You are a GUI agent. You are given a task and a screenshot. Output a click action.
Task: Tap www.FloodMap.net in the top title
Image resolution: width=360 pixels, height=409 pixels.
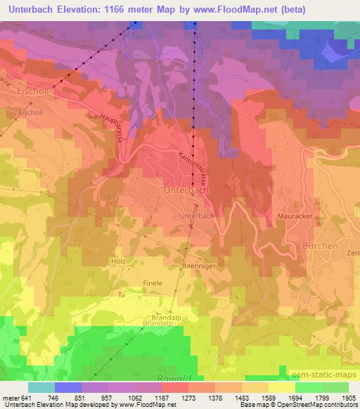click(256, 8)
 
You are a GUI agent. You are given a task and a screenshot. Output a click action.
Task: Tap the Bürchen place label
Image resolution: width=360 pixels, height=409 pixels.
click(320, 246)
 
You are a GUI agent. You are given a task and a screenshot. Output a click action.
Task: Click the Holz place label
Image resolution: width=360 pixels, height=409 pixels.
click(117, 261)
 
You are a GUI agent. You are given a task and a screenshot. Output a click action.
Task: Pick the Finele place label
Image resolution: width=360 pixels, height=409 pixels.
click(153, 283)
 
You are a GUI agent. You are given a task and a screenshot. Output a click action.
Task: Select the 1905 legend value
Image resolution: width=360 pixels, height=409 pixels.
click(346, 398)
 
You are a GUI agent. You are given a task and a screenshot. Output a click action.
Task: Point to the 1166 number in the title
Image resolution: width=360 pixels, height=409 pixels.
click(115, 8)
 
